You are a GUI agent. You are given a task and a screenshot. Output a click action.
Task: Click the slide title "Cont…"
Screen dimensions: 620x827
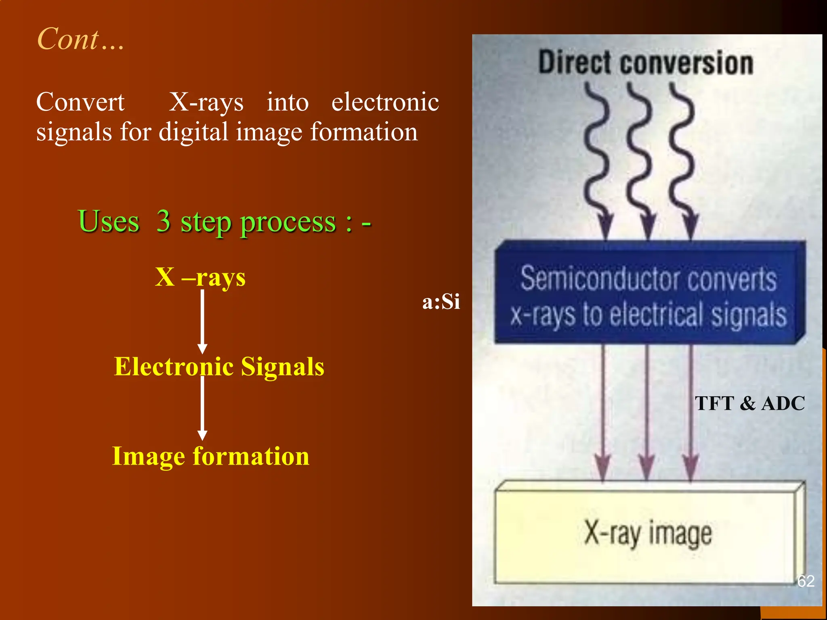click(80, 39)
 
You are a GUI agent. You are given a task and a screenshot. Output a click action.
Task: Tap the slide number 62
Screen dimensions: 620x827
click(806, 581)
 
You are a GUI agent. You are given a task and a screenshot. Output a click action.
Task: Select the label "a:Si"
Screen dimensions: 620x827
click(441, 302)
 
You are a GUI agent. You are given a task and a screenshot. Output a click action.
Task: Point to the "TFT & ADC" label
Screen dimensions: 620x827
click(750, 403)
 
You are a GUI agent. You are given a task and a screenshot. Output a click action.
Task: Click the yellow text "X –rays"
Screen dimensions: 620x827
click(200, 277)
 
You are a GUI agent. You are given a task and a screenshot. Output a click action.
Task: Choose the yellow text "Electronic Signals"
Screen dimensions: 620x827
click(219, 367)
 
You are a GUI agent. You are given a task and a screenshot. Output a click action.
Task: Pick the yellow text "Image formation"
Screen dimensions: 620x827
click(210, 456)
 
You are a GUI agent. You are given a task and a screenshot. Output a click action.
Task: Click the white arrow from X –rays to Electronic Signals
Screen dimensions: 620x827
click(202, 321)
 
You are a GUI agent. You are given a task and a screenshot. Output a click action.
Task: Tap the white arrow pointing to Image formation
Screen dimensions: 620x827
click(202, 408)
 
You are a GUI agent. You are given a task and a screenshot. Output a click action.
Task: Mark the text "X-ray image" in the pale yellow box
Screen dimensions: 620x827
click(648, 533)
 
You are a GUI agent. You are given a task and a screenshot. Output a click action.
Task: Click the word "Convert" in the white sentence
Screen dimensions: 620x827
click(80, 102)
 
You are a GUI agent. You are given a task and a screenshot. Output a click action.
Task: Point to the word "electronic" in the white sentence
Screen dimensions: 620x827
click(385, 102)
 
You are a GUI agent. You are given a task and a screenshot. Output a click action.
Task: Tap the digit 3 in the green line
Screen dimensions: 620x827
click(163, 221)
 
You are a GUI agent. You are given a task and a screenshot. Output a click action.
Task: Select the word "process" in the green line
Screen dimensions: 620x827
click(288, 222)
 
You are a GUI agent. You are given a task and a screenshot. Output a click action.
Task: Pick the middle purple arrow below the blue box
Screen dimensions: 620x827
click(647, 412)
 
